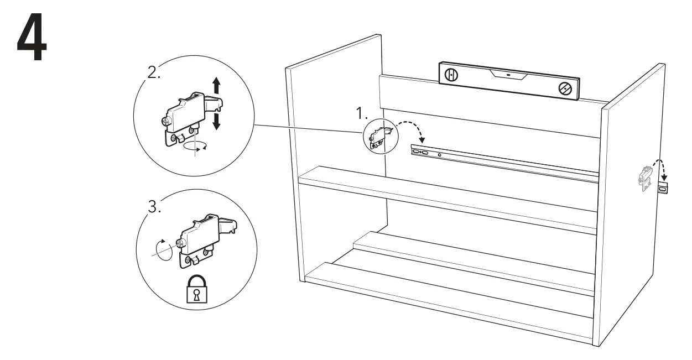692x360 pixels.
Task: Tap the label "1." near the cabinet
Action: tap(362, 114)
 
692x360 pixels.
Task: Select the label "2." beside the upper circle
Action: tap(153, 73)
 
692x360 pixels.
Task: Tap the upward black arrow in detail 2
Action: tap(216, 86)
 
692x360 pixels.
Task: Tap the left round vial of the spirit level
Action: tap(451, 75)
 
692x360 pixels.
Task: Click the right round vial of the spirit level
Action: tap(565, 88)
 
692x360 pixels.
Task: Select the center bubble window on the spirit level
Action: tap(507, 74)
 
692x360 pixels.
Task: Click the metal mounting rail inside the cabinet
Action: tap(503, 163)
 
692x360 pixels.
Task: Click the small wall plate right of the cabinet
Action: tap(664, 189)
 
